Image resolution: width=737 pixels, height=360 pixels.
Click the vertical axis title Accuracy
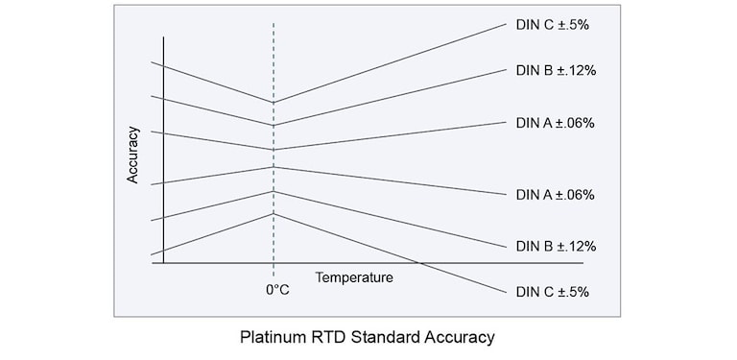(133, 155)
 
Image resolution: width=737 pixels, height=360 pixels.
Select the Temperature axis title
(354, 277)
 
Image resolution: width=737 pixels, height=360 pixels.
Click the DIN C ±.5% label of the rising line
(552, 25)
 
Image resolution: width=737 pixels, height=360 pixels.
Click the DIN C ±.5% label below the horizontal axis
(552, 291)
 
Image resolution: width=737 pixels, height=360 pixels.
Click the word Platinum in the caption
(272, 337)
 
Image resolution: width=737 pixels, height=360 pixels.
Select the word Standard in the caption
(384, 337)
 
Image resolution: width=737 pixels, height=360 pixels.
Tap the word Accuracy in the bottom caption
(460, 337)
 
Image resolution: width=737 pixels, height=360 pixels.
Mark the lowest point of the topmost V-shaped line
(274, 102)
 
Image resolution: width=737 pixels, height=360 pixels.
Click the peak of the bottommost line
(274, 213)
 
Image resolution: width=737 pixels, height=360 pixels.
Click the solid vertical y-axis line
(164, 144)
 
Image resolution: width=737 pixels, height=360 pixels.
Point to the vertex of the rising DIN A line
(274, 150)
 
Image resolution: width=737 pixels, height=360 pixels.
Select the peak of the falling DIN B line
(274, 191)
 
